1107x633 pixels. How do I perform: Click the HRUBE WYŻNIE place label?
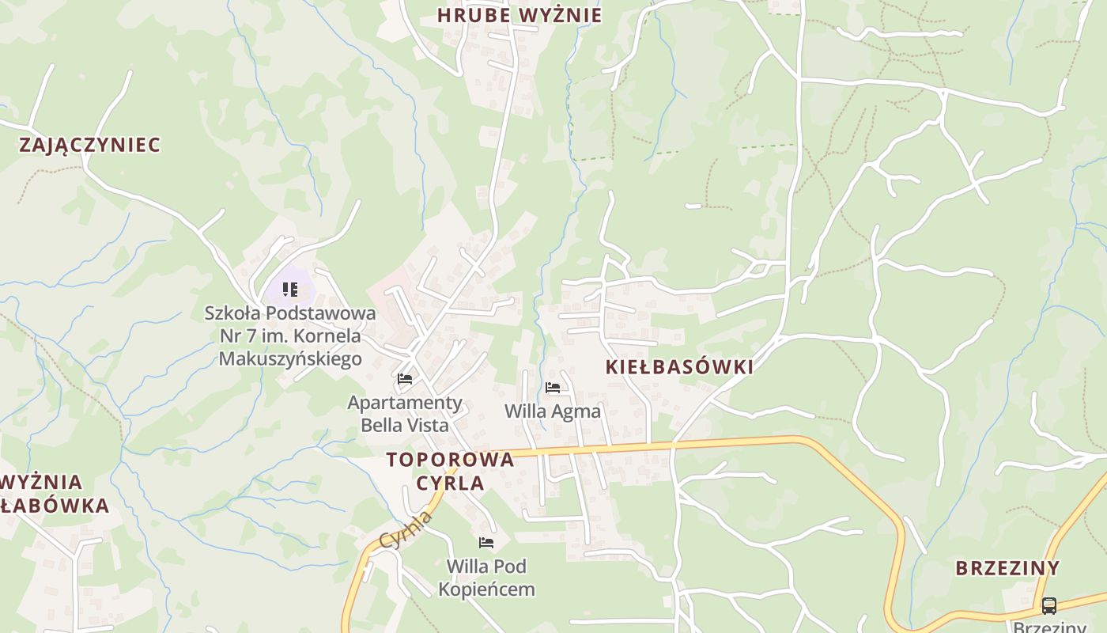coord(519,15)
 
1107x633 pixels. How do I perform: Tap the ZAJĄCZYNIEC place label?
coord(89,145)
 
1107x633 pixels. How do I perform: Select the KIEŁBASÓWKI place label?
coord(679,367)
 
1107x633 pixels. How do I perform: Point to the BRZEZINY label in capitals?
coord(1007,568)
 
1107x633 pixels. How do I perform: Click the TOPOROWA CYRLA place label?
coord(450,472)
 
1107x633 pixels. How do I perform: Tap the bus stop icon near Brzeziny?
coord(1049,606)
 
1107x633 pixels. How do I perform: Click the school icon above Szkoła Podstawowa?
coord(290,290)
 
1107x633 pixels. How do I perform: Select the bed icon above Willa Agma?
coord(553,388)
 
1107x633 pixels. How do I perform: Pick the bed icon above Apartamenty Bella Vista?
coord(405,379)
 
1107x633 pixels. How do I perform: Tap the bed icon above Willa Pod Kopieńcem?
coord(486,543)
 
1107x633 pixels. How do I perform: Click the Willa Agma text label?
coord(553,411)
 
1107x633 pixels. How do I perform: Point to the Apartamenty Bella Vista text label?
coord(405,414)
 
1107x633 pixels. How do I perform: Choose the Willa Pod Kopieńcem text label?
coord(486,578)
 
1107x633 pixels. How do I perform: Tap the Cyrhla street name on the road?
coord(406,530)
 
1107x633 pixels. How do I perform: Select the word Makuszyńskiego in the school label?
coord(290,358)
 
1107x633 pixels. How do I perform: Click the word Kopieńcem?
coord(486,589)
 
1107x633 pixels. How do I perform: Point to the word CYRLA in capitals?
coord(450,483)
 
